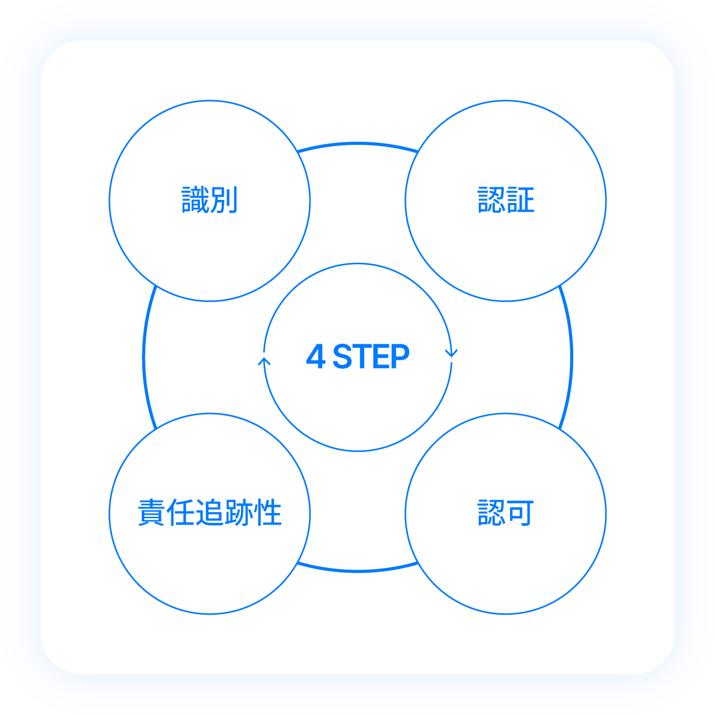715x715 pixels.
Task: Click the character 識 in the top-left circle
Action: [195, 200]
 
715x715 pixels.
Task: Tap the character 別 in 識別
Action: [224, 200]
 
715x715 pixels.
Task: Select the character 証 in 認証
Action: [520, 200]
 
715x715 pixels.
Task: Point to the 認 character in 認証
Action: [491, 200]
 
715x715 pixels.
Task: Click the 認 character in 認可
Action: [491, 513]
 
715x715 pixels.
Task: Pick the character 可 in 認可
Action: [520, 513]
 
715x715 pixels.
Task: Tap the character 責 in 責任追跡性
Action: [152, 513]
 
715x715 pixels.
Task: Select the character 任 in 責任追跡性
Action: [181, 513]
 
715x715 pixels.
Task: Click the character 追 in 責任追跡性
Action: [210, 513]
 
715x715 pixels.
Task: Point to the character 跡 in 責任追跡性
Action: [239, 513]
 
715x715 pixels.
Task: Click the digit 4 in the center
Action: [316, 357]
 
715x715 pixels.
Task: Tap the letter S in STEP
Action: [343, 357]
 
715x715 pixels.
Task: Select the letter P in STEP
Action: [399, 357]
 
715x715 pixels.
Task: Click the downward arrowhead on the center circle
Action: [451, 353]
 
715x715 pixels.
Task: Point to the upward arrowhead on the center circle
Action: [264, 361]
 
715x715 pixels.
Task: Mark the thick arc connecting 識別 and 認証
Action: [358, 143]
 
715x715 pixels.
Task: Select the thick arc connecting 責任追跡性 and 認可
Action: [358, 571]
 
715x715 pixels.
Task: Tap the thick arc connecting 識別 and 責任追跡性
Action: [144, 357]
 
